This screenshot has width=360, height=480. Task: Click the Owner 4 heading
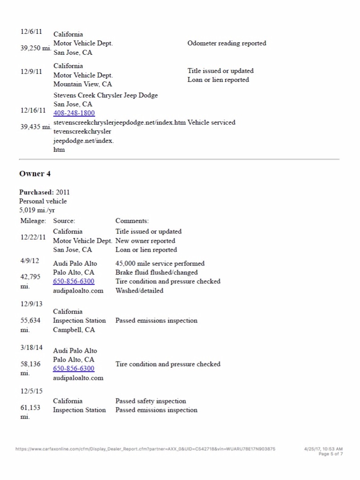pos(32,174)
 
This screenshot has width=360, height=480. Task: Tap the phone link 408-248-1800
pos(74,113)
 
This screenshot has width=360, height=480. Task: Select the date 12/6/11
pos(31,31)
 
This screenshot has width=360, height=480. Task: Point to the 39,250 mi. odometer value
pos(36,48)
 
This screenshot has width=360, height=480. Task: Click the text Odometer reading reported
pos(227,43)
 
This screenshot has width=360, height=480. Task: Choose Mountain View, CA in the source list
pos(82,84)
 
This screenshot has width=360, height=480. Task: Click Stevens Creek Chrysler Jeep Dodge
pos(105,95)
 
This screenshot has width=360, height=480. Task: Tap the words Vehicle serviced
pos(211,122)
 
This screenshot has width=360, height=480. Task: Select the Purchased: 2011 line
pos(44,192)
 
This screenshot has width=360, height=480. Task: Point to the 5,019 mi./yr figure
pos(37,210)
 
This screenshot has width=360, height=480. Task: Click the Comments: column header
pos(132,221)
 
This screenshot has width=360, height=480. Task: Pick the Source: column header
pos(64,221)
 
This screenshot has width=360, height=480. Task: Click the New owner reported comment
pos(145,241)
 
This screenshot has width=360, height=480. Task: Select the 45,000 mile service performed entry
pos(160,263)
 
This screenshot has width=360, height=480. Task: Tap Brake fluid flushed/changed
pos(156,273)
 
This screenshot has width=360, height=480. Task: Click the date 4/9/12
pos(30,260)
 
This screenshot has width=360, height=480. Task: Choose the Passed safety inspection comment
pos(150,401)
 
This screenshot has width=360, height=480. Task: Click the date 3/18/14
pos(32,347)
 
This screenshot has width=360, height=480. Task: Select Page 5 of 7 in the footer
pos(331,454)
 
